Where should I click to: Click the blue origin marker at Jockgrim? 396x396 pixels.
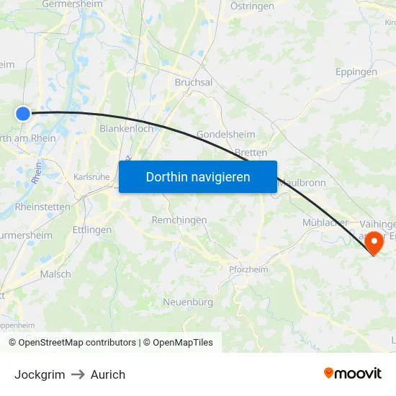(x=23, y=113)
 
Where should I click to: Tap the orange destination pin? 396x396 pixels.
(x=374, y=243)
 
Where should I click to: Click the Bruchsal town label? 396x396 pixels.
(x=194, y=83)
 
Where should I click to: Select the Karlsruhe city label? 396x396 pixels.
(x=91, y=176)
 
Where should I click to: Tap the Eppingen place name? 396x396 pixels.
(x=356, y=72)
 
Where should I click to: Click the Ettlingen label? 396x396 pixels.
(x=92, y=230)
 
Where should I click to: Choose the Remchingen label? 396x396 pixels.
(x=179, y=220)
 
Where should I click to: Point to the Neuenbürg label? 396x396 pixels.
(x=188, y=302)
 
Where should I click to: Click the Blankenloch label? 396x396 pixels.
(x=126, y=129)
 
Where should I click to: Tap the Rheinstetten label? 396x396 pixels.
(x=43, y=207)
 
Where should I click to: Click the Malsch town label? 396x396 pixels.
(x=55, y=274)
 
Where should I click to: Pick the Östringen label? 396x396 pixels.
(x=252, y=6)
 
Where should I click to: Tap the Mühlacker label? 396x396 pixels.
(x=325, y=222)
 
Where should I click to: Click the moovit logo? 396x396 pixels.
(x=352, y=373)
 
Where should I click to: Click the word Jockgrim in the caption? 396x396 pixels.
(x=40, y=374)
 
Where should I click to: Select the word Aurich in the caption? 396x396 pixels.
(x=108, y=374)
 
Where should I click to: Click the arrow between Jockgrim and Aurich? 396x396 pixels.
(x=78, y=374)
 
